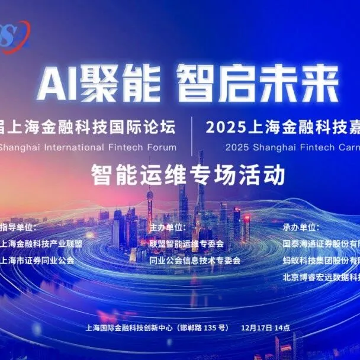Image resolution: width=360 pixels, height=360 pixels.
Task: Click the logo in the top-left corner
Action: [x=13, y=37]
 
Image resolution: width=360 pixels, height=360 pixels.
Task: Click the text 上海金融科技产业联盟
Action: [x=41, y=243]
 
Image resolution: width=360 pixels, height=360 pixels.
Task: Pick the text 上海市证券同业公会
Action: [x=38, y=260]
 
